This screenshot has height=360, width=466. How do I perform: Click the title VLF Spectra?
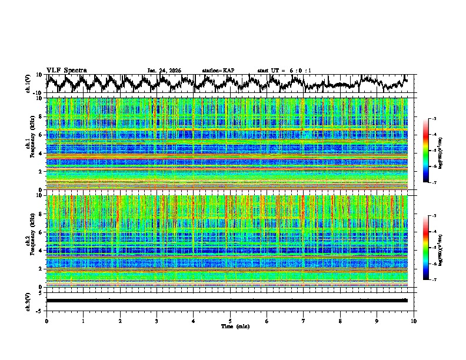(66, 70)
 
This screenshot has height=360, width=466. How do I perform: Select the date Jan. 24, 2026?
(164, 71)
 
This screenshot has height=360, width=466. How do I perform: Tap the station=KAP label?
(218, 71)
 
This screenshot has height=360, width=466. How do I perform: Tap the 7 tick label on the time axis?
(304, 321)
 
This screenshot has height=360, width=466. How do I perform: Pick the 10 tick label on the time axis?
(414, 321)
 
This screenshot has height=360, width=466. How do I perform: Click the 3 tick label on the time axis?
(157, 321)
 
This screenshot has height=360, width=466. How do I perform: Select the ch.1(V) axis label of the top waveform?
(28, 84)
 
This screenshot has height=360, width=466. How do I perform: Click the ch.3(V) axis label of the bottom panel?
(28, 301)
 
